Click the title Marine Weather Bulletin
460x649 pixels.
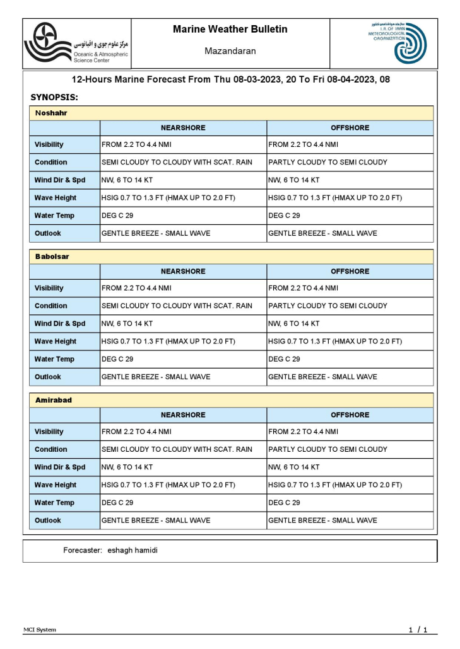[230, 29]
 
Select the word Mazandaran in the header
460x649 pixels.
[230, 51]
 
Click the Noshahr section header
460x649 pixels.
[52, 113]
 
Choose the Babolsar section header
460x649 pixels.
[52, 257]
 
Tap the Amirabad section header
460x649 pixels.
[54, 400]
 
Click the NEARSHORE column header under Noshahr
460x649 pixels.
[183, 128]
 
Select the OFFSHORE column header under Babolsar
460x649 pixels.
[350, 272]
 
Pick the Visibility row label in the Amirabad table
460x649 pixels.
[49, 432]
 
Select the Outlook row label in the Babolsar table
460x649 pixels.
[48, 377]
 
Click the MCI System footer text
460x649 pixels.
[40, 629]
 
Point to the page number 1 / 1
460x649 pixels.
[418, 629]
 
